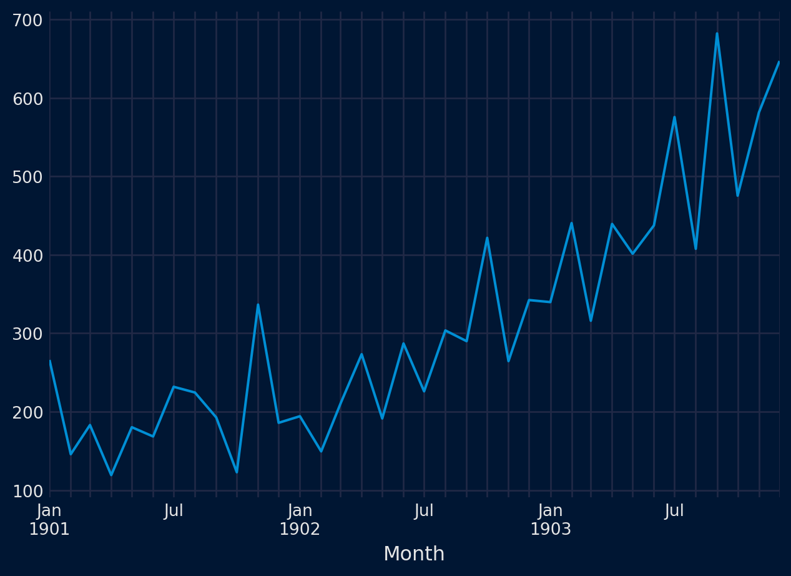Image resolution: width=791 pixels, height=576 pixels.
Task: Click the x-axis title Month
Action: tap(414, 554)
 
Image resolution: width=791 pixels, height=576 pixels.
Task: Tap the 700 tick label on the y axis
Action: tap(27, 21)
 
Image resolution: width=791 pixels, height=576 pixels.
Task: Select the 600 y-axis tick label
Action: tap(27, 99)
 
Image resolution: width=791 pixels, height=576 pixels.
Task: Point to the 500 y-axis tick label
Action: tap(27, 177)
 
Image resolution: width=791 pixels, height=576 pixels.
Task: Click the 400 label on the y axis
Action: tap(27, 256)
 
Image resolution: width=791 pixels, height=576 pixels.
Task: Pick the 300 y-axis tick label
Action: tap(27, 334)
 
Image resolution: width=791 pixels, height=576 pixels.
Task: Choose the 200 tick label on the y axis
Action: tap(27, 412)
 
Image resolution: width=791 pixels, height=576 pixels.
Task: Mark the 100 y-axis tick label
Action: tap(27, 491)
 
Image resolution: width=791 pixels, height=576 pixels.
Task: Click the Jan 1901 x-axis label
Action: tap(49, 520)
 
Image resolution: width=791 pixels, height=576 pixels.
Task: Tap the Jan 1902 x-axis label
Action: tap(300, 520)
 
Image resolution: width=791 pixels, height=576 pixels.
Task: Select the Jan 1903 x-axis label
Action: tap(550, 520)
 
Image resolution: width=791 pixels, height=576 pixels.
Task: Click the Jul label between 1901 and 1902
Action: tap(174, 511)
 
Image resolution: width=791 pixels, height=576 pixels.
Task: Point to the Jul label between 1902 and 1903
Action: tap(424, 511)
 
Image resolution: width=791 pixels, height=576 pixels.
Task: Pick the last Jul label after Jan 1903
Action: tap(674, 511)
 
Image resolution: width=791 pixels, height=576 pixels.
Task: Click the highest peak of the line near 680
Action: tap(717, 34)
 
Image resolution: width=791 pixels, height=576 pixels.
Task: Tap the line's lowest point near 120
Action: tap(111, 475)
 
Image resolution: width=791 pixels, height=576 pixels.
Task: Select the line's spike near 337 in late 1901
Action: tap(258, 305)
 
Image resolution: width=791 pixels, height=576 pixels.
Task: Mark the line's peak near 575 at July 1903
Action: tap(674, 117)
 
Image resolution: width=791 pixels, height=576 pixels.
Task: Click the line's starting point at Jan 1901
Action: tap(50, 361)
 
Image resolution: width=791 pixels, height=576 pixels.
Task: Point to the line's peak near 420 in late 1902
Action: tap(487, 238)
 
